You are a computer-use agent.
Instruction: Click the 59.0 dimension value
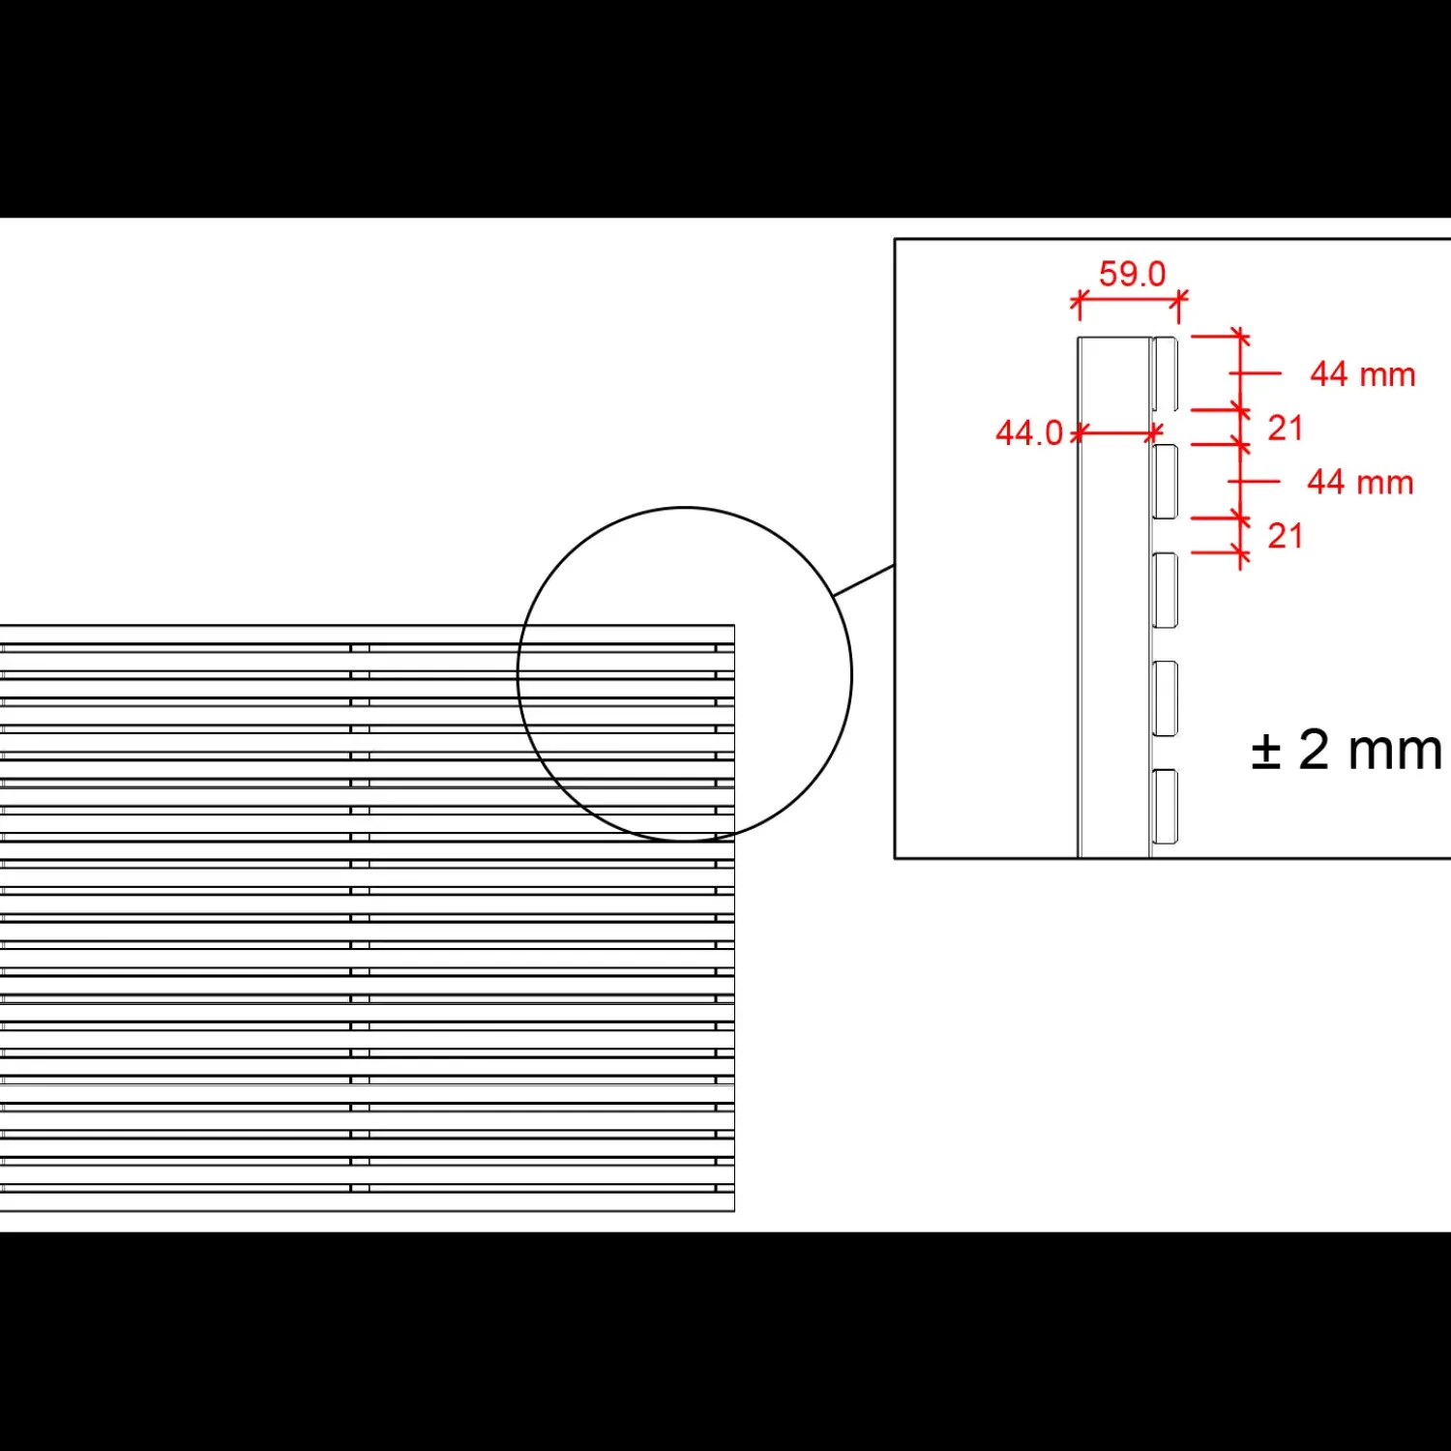click(x=1132, y=274)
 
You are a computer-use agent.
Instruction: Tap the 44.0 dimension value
click(x=1029, y=432)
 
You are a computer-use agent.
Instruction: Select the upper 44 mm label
click(x=1363, y=374)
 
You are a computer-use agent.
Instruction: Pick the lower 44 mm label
click(x=1360, y=482)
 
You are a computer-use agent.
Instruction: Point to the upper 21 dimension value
click(x=1286, y=428)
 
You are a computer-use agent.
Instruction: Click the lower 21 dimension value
click(x=1286, y=535)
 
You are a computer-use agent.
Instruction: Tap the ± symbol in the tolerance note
click(x=1265, y=751)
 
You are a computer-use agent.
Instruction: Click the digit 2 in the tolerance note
click(x=1314, y=750)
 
